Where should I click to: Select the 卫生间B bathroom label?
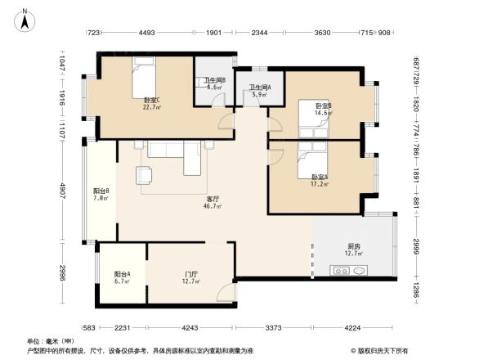tap(214, 83)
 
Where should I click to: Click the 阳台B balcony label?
tap(101, 194)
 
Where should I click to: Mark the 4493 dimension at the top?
tap(147, 33)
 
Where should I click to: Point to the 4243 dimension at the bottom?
tap(190, 328)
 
